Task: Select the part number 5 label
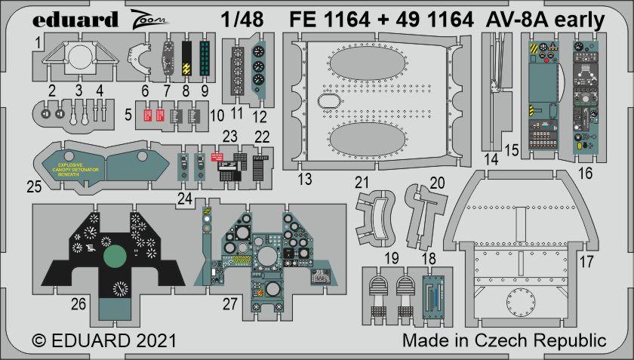coord(129,115)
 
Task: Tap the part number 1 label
coord(38,45)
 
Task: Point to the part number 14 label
coord(491,158)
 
